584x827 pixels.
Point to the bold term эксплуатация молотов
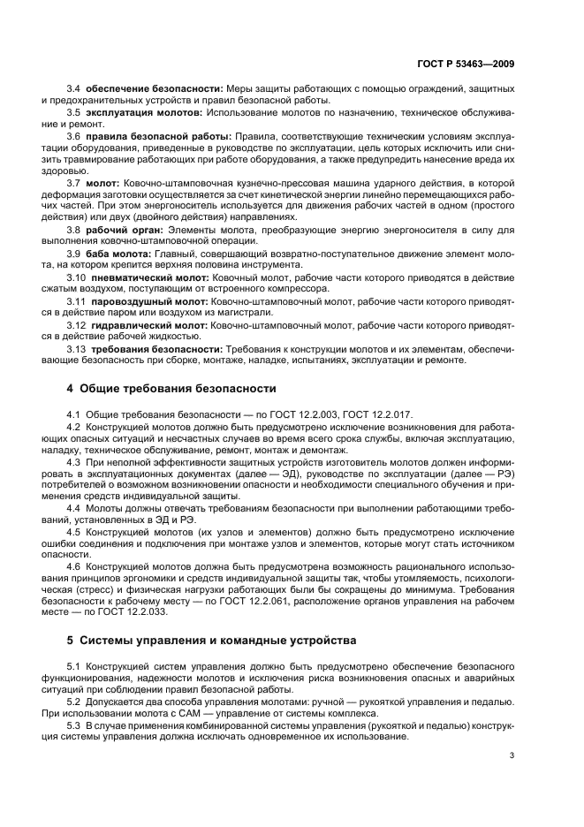(135, 113)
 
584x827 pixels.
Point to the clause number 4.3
(74, 461)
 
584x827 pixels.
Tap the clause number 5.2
(74, 701)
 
